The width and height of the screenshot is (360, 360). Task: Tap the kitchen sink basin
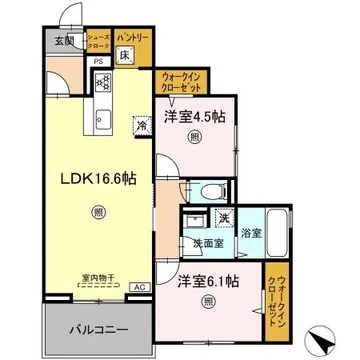102,122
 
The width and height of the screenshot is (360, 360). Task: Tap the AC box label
138,287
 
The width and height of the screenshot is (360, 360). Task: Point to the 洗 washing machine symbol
225,218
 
